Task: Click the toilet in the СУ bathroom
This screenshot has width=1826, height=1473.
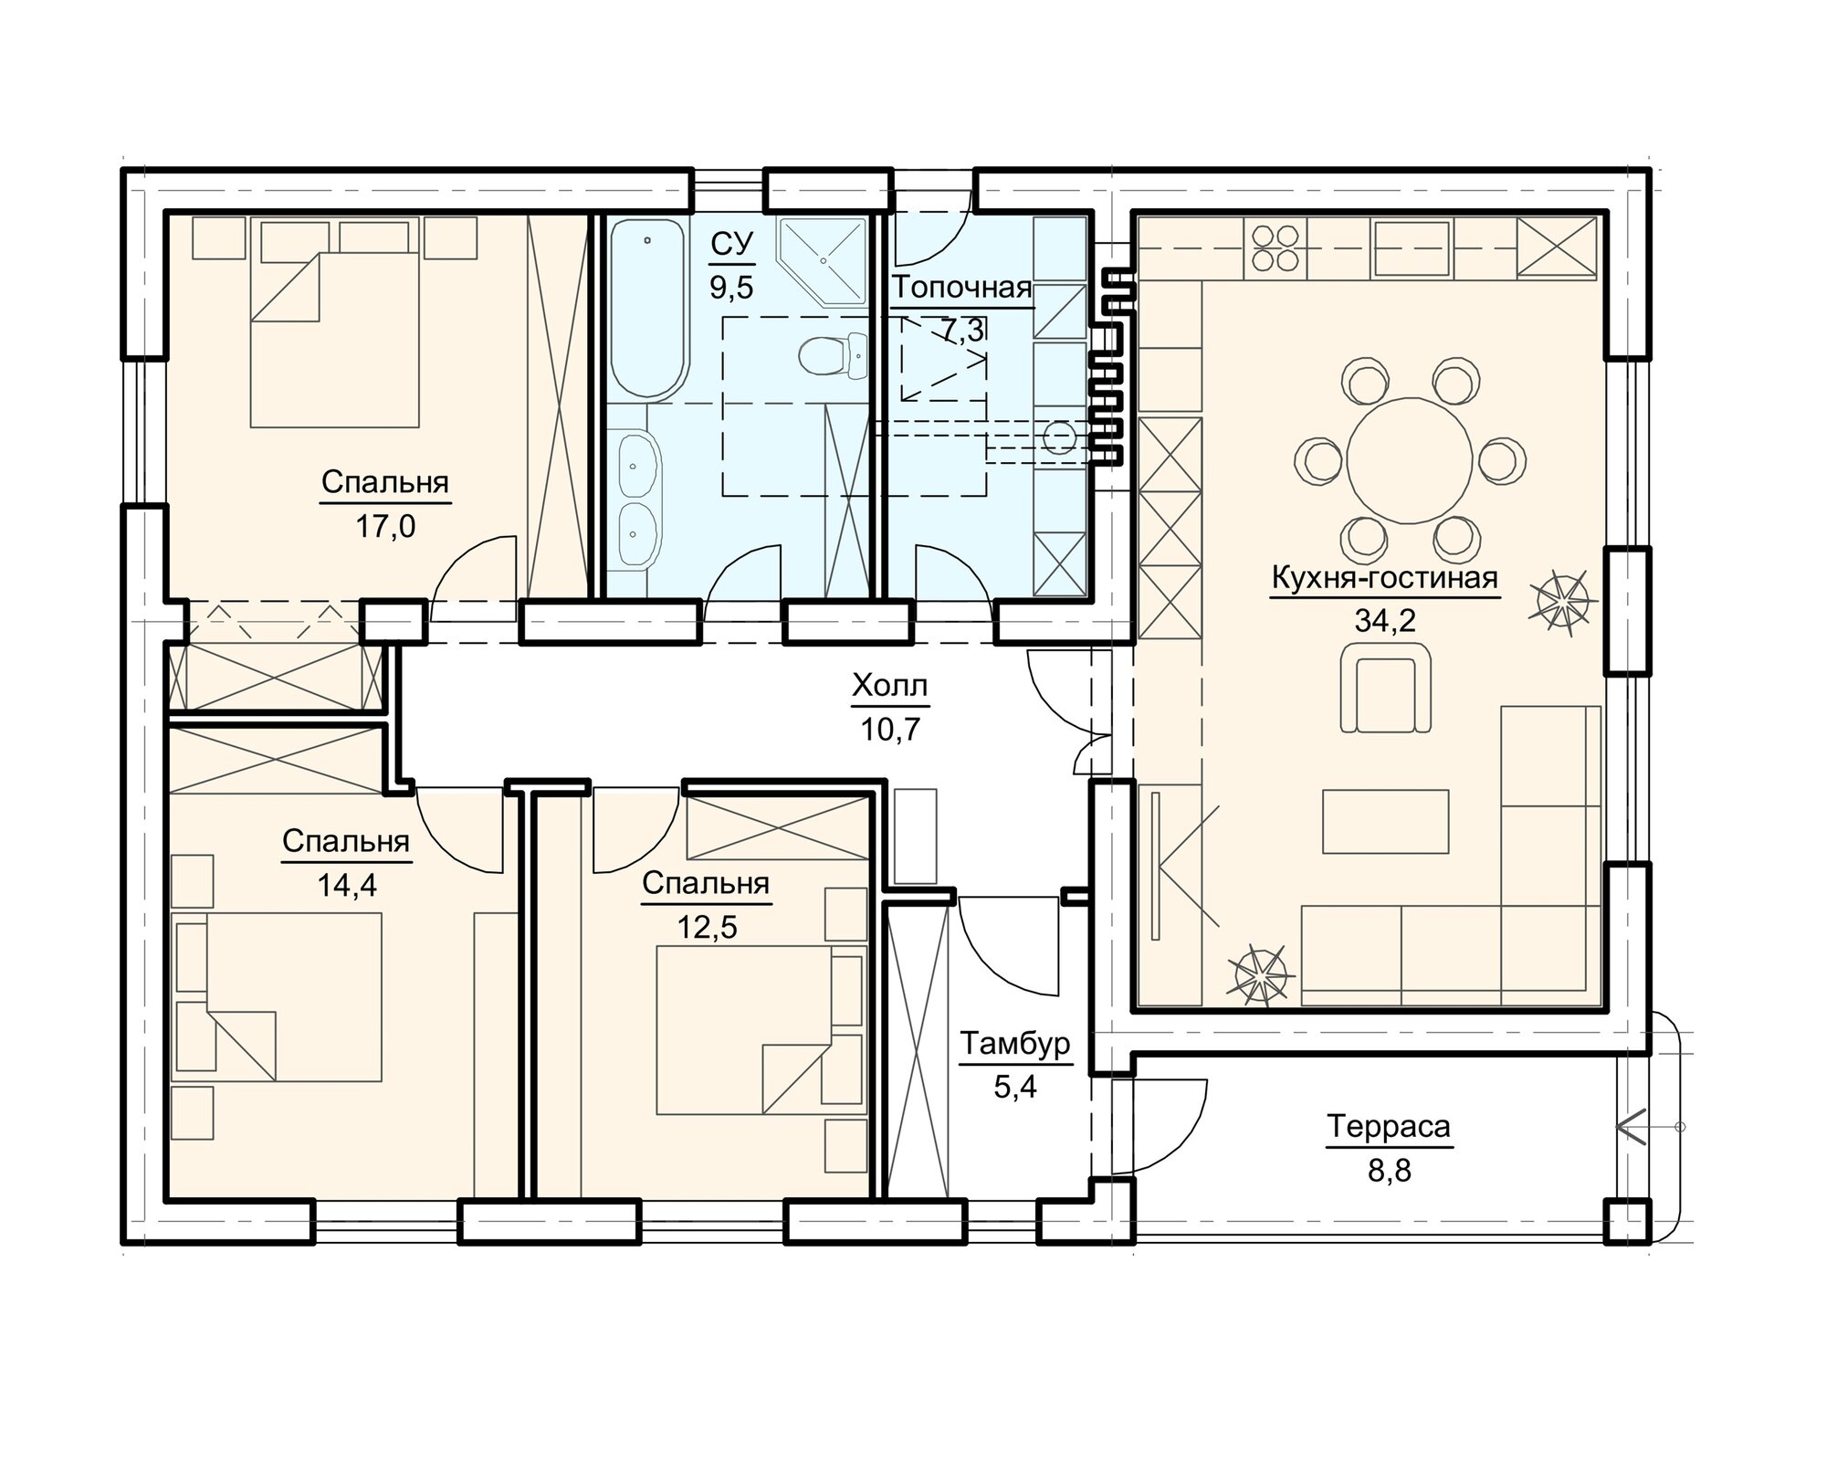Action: (x=832, y=355)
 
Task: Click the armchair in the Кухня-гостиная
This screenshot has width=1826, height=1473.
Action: (x=1385, y=687)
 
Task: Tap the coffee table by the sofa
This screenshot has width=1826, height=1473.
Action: (x=1385, y=821)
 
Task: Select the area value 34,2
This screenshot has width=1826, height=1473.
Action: (x=1384, y=621)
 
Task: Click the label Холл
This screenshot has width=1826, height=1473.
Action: (x=889, y=685)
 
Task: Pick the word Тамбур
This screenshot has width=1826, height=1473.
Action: (x=1013, y=1044)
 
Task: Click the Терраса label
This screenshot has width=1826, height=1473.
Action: (x=1389, y=1127)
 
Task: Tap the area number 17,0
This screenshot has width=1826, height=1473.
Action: (x=384, y=526)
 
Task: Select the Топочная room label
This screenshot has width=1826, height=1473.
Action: (x=962, y=288)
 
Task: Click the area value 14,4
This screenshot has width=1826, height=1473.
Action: (x=346, y=885)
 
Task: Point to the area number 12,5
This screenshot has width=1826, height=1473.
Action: (x=706, y=927)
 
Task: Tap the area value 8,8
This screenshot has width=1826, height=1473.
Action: (x=1389, y=1170)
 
